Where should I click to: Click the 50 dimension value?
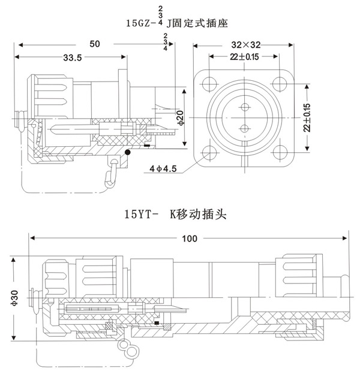click(95, 44)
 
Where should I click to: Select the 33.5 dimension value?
click(71, 57)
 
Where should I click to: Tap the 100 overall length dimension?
click(190, 239)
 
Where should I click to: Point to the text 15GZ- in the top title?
click(142, 23)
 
